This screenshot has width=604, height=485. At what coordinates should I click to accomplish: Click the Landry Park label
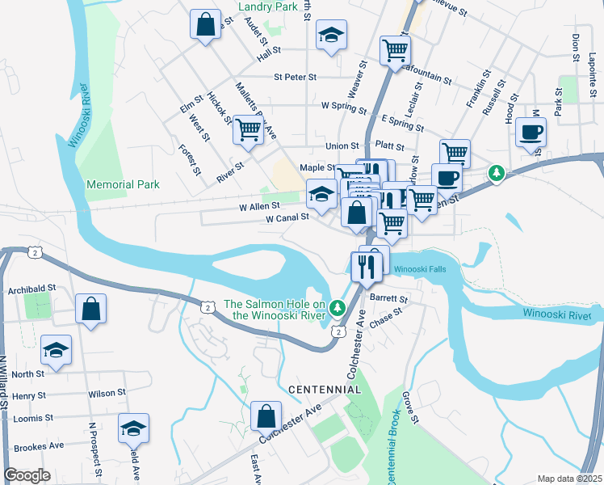[x=269, y=6]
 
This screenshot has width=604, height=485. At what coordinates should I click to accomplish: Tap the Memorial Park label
[x=123, y=184]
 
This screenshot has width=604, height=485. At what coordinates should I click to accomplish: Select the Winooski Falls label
[x=419, y=269]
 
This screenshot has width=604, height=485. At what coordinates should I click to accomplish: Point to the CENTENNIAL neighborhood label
[x=325, y=390]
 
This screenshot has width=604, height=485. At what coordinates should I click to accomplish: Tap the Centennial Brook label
[x=393, y=441]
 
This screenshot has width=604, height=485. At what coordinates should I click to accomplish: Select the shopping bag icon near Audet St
[x=206, y=23]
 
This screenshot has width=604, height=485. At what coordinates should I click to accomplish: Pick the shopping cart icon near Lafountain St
[x=395, y=50]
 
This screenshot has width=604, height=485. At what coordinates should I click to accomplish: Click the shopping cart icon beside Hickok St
[x=248, y=129]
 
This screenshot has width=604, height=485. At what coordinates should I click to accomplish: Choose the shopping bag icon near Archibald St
[x=90, y=309]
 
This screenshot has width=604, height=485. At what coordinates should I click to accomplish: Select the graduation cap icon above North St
[x=55, y=350]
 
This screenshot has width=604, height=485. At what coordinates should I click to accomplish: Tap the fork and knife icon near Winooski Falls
[x=367, y=266]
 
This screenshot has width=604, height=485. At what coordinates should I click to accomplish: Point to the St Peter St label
[x=295, y=78]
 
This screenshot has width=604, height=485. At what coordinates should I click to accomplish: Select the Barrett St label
[x=389, y=297]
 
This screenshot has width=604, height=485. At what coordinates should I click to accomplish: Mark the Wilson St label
[x=107, y=393]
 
